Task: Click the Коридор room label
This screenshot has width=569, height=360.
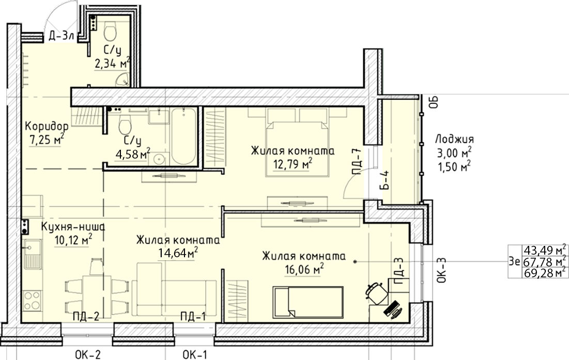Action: pyautogui.click(x=47, y=127)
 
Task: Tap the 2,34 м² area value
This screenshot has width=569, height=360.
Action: pyautogui.click(x=112, y=64)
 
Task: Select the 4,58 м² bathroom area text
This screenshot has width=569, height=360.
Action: pyautogui.click(x=132, y=154)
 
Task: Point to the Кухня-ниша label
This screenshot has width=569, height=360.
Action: pyautogui.click(x=73, y=227)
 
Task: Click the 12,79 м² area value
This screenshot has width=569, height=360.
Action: pyautogui.click(x=293, y=164)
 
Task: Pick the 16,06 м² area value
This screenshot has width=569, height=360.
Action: pyautogui.click(x=304, y=270)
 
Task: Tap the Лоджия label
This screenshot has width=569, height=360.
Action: pyautogui.click(x=454, y=139)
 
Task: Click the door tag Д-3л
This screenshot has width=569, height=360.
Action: pyautogui.click(x=61, y=36)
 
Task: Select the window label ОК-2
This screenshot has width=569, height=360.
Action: pyautogui.click(x=87, y=354)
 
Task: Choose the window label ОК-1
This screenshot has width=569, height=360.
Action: pyautogui.click(x=195, y=354)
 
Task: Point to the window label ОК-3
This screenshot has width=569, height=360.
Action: pyautogui.click(x=441, y=271)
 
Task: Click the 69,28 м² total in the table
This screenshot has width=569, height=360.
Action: pyautogui.click(x=545, y=273)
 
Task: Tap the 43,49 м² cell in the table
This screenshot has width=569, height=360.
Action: pyautogui.click(x=545, y=250)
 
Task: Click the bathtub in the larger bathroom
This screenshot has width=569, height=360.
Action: pyautogui.click(x=184, y=137)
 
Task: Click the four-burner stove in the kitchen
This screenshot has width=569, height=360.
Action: pyautogui.click(x=32, y=301)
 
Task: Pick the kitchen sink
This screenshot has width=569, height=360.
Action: pyautogui.click(x=33, y=254)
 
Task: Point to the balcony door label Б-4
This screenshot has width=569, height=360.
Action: pyautogui.click(x=386, y=180)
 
